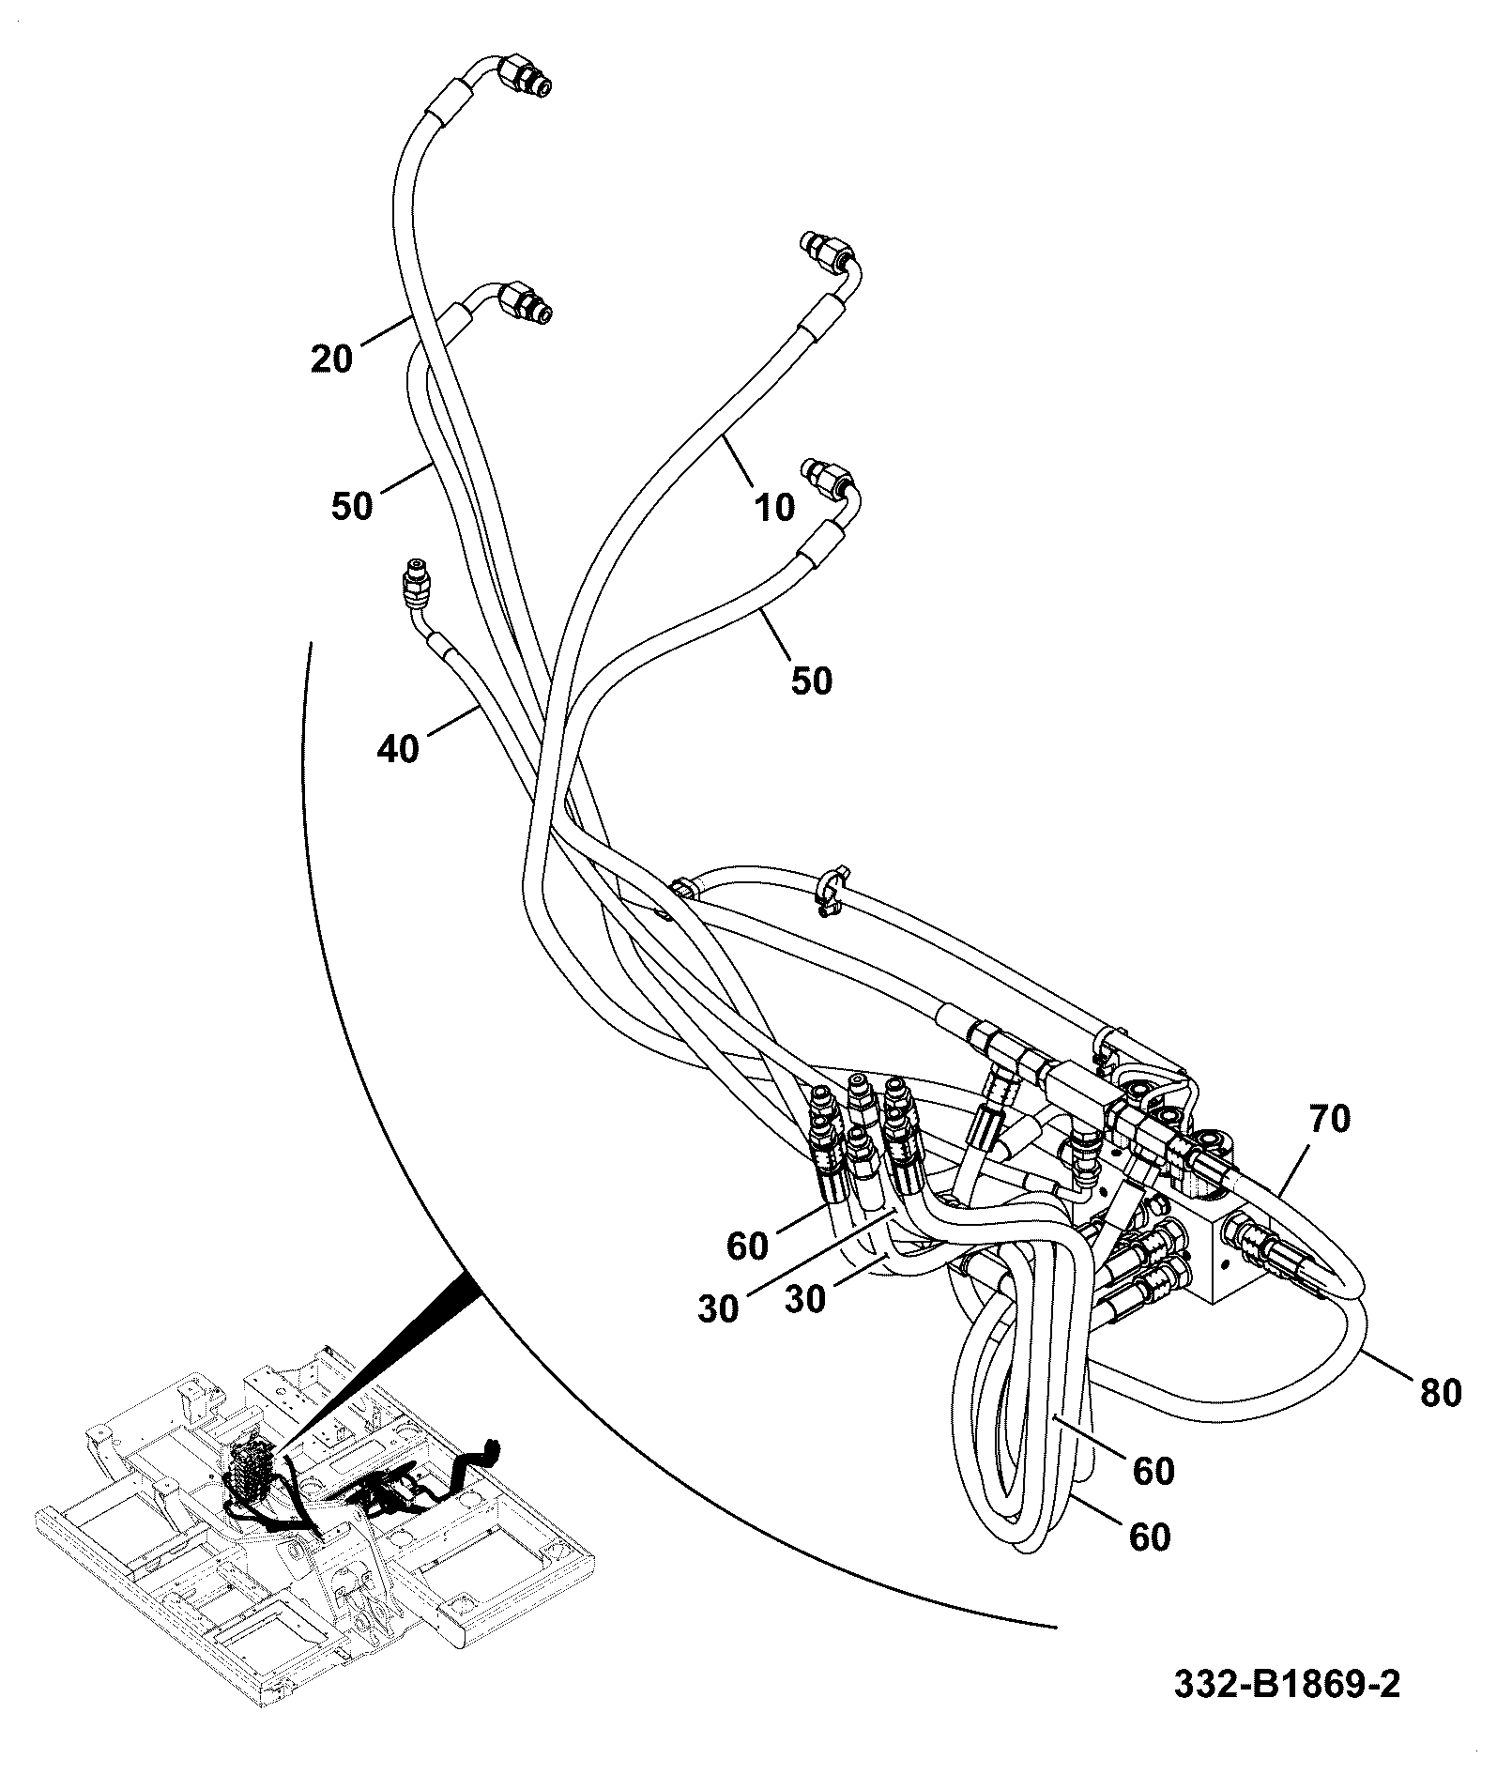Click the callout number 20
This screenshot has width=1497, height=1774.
(x=332, y=358)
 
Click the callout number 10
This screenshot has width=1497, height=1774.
(x=774, y=507)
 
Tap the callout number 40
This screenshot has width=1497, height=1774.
(x=398, y=749)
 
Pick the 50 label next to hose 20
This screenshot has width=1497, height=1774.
(x=352, y=507)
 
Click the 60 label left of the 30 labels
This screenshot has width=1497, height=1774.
(x=747, y=1246)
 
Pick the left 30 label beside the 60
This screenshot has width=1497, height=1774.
(x=718, y=1309)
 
